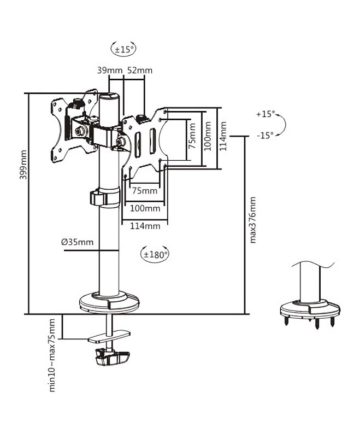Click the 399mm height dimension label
23,165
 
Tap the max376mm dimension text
252,220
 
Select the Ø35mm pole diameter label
77,242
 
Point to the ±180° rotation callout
155,254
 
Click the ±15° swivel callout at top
123,49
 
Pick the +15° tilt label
265,114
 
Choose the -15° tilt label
265,136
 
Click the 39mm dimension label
110,70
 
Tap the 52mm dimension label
139,70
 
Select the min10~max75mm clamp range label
52,355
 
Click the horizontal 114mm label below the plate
145,226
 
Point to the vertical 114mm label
223,136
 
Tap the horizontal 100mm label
145,209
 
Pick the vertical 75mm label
192,136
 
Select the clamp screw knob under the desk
113,357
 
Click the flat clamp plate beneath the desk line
109,336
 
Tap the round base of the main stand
109,301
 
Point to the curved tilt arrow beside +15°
283,125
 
